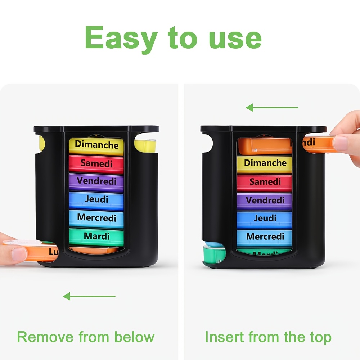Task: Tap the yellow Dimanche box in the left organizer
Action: pyautogui.click(x=96, y=145)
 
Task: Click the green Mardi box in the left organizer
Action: pyautogui.click(x=96, y=237)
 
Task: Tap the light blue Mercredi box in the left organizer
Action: pyautogui.click(x=96, y=218)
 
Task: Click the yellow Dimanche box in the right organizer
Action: pyautogui.click(x=265, y=163)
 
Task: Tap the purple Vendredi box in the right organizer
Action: pyautogui.click(x=265, y=201)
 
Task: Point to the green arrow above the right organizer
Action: pyautogui.click(x=272, y=107)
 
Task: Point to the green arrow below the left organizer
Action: pyautogui.click(x=89, y=297)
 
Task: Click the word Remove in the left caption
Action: pyautogui.click(x=45, y=337)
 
